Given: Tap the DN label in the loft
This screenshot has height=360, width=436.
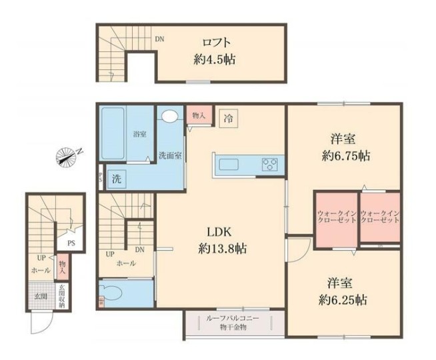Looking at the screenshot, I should click(x=160, y=39).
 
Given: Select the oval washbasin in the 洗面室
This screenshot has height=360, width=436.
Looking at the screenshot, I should click(x=170, y=117).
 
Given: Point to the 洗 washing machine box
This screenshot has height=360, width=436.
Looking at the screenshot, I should click(x=116, y=179).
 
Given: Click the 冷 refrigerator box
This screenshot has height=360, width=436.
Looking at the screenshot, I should click(x=228, y=120).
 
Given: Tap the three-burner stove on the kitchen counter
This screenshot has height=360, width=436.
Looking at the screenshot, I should click(x=270, y=164).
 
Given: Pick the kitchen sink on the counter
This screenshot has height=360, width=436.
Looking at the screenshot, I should click(x=231, y=164).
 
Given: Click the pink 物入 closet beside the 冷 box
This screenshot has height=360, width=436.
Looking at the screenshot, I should click(x=199, y=116).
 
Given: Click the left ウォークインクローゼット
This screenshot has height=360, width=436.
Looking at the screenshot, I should click(x=335, y=217).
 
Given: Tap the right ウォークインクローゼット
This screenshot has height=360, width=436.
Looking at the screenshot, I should click(x=379, y=217).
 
